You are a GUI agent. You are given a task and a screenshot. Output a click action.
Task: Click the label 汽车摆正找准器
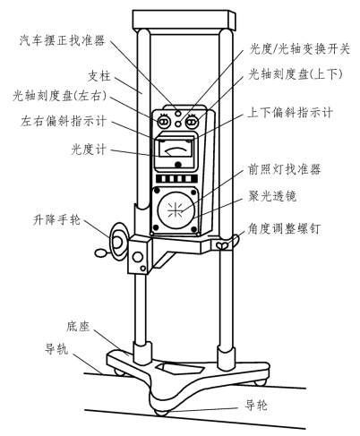63,40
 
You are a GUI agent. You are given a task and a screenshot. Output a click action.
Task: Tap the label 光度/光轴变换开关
299,49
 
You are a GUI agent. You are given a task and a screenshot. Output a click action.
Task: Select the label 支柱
99,76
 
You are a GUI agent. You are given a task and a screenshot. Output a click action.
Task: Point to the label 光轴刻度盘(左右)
60,96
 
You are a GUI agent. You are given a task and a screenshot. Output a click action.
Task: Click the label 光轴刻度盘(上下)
296,74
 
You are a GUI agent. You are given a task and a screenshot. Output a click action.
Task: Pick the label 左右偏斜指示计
64,121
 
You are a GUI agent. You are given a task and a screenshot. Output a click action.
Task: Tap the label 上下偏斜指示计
290,113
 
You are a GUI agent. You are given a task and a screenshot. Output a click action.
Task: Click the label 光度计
89,150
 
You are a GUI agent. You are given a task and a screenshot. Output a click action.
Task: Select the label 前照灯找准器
285,169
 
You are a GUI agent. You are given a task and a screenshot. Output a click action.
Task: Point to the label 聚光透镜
272,197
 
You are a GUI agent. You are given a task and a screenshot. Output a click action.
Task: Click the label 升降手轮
56,220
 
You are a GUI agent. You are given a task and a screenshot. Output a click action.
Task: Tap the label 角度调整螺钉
284,229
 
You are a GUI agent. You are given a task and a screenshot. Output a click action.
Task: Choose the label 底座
78,326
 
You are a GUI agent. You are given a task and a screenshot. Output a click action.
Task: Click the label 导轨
56,348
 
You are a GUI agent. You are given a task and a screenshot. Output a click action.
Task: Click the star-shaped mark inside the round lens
175,210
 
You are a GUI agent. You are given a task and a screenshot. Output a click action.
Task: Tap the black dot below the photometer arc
178,165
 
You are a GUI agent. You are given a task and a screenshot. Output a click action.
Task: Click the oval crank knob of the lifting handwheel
101,253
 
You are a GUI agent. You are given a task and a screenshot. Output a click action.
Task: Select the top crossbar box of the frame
184,21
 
